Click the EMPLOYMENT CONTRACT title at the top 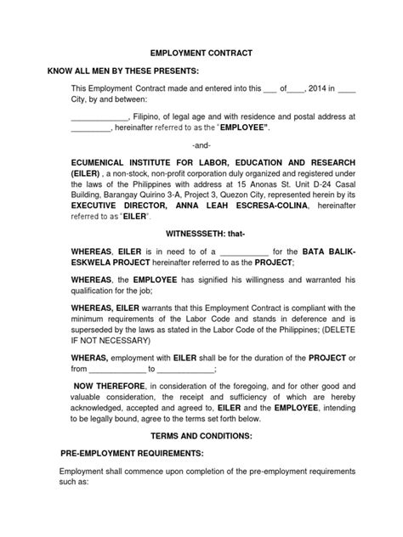coord(201,53)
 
